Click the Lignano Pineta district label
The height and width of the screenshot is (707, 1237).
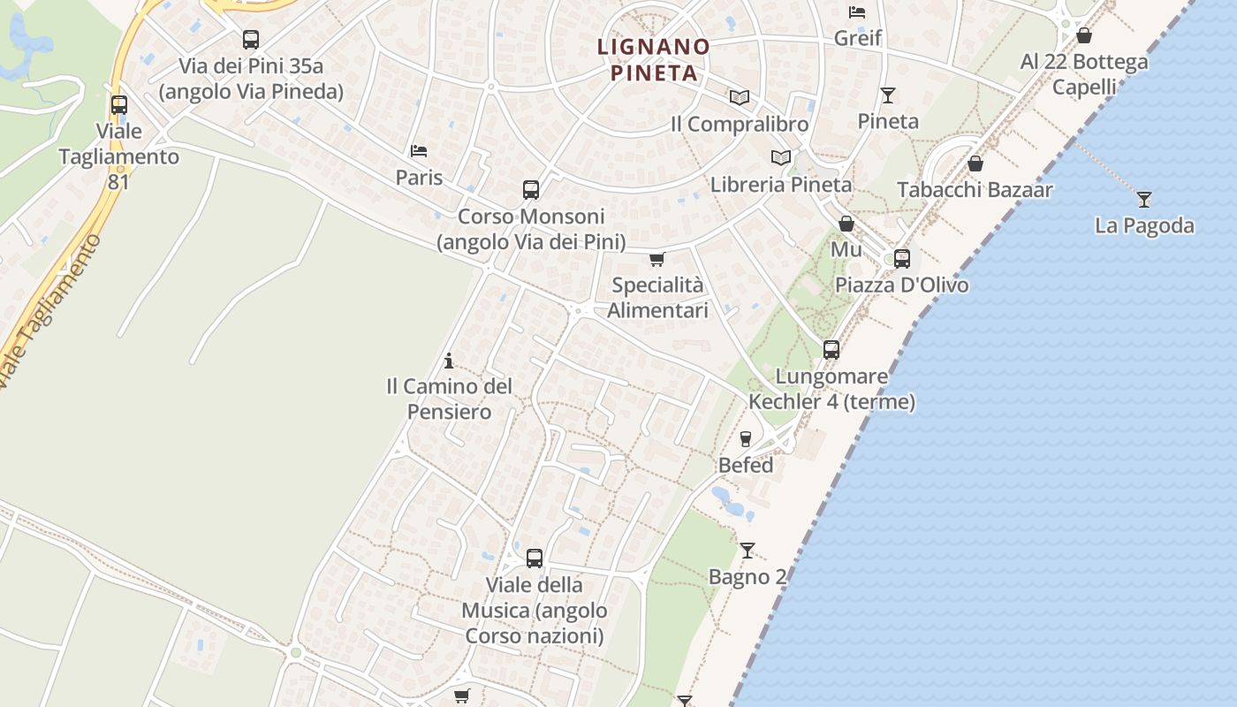click(x=654, y=59)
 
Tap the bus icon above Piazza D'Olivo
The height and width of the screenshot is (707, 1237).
click(x=901, y=259)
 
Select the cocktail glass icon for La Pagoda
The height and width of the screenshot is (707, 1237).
click(x=1144, y=200)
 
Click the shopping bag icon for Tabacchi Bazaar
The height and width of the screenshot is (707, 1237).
click(x=975, y=163)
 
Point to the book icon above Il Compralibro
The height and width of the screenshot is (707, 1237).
click(x=739, y=97)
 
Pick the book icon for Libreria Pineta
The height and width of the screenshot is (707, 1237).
click(x=780, y=157)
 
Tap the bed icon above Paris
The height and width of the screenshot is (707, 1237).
click(x=419, y=151)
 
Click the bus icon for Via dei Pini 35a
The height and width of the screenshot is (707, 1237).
click(x=251, y=40)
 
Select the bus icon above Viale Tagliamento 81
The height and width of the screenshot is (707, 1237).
click(x=119, y=105)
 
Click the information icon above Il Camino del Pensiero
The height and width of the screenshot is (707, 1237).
click(x=449, y=361)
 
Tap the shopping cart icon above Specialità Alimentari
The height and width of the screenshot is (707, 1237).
click(x=656, y=260)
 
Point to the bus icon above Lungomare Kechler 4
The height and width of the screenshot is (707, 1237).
click(x=831, y=350)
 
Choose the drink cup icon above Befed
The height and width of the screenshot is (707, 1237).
click(x=745, y=438)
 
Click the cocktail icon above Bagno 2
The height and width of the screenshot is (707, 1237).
click(x=748, y=551)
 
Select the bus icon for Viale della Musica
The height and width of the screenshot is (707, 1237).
click(x=534, y=559)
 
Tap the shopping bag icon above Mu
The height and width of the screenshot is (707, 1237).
click(x=846, y=224)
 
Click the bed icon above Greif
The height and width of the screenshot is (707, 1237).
click(x=857, y=12)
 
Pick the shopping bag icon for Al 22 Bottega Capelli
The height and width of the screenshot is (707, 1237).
click(x=1084, y=35)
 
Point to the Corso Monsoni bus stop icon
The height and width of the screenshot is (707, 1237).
click(x=530, y=190)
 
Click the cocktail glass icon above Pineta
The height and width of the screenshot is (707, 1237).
click(x=888, y=95)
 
